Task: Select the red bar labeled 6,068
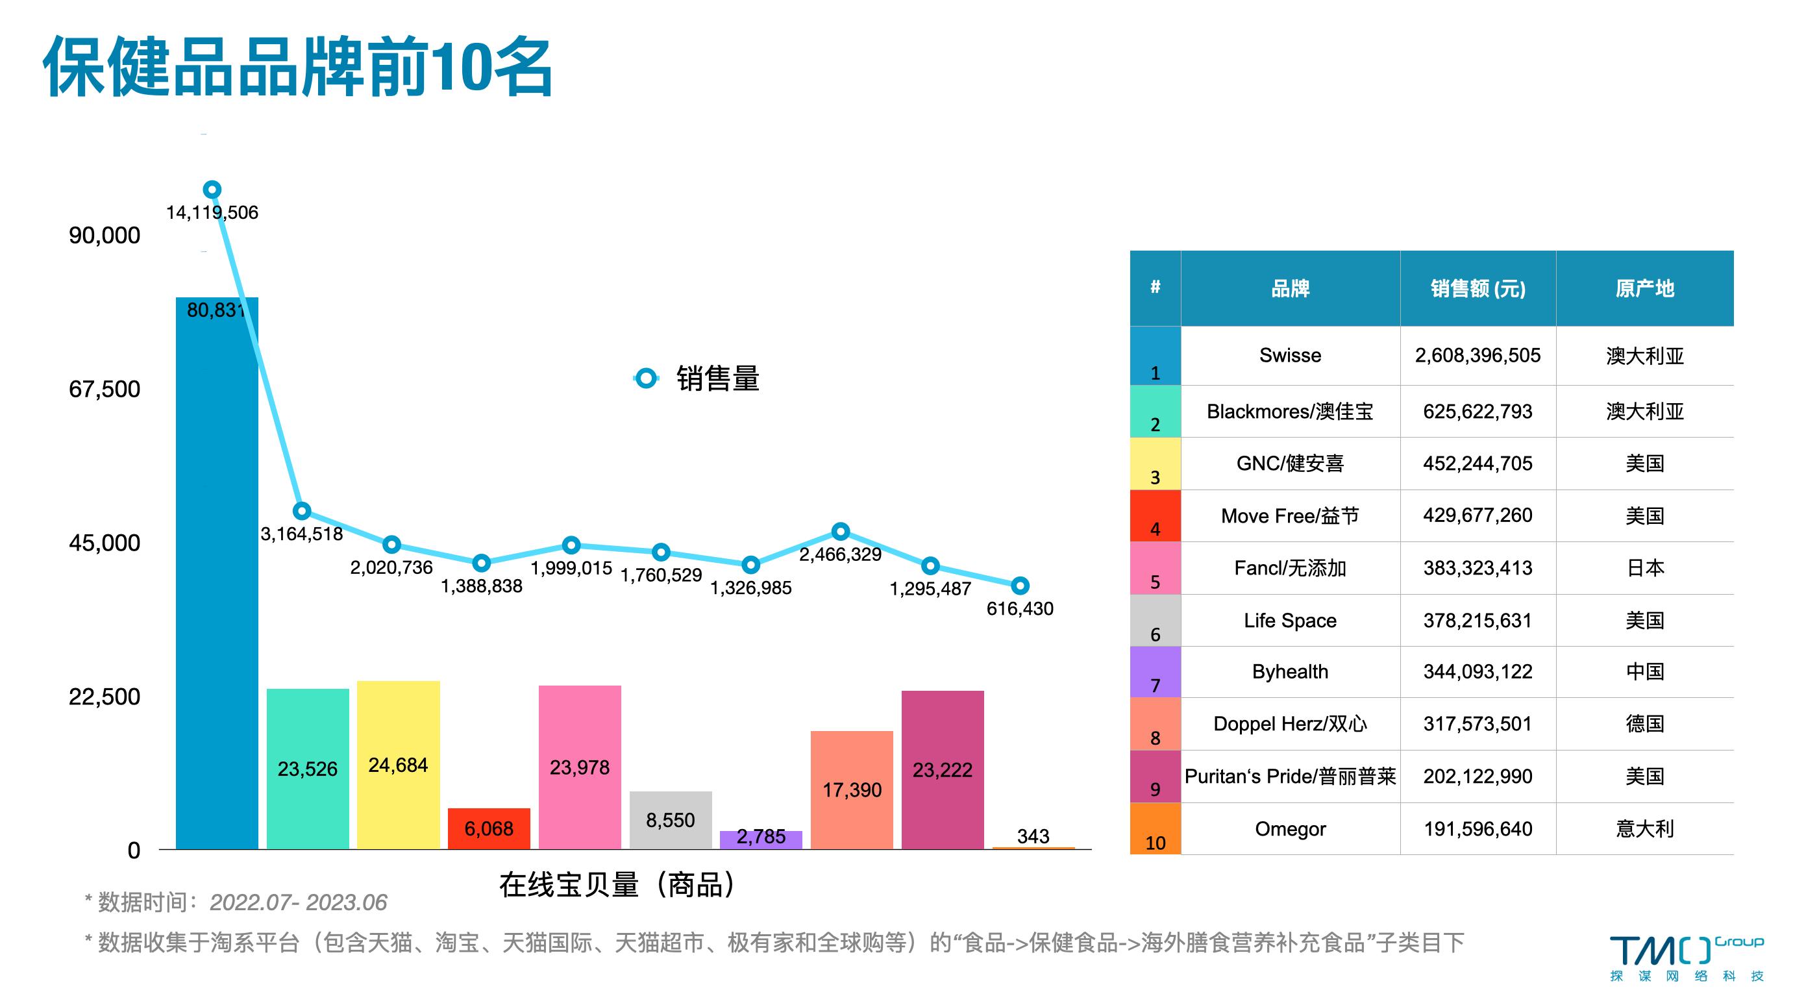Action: [x=489, y=828]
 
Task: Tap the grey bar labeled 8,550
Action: [x=671, y=819]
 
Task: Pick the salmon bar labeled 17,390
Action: [x=851, y=789]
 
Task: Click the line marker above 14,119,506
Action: [x=212, y=190]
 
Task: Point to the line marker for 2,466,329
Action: [x=841, y=532]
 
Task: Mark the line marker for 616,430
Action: [x=1020, y=586]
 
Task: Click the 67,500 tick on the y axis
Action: [x=105, y=389]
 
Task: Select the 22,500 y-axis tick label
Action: [x=105, y=697]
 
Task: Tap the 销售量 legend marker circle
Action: [x=646, y=378]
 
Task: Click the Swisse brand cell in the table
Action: [x=1290, y=356]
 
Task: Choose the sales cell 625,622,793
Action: [x=1477, y=412]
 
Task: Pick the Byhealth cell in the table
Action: [x=1290, y=672]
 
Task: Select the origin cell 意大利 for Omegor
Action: [x=1644, y=829]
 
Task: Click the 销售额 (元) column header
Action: [x=1477, y=289]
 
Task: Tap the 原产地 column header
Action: [x=1644, y=289]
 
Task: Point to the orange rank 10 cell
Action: [x=1156, y=829]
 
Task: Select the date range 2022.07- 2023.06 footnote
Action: [x=298, y=902]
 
